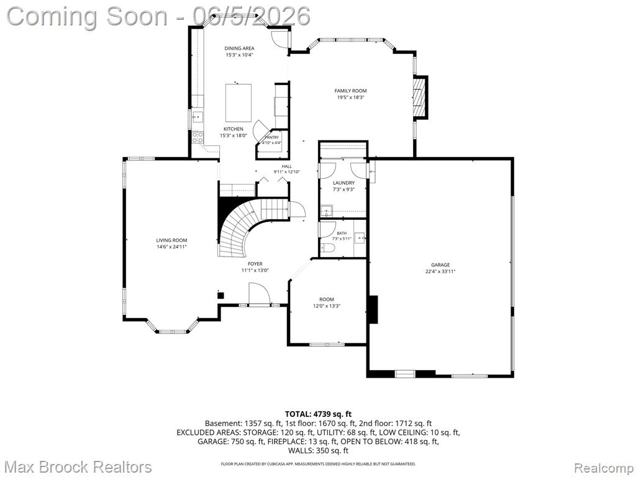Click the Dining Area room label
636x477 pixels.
[239, 48]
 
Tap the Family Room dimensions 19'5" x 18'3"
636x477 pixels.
[350, 98]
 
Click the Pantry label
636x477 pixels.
[272, 137]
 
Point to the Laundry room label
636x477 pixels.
[343, 183]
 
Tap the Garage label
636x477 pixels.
[440, 265]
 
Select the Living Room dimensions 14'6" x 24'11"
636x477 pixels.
[171, 247]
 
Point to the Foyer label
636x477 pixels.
[255, 263]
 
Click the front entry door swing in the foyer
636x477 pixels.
[258, 293]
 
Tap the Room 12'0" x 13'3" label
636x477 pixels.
[327, 302]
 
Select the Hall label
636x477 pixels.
[287, 166]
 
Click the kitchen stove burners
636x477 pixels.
[198, 137]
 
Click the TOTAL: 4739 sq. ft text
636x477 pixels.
[318, 414]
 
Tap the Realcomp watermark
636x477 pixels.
[604, 467]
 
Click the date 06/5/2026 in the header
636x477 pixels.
[252, 16]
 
